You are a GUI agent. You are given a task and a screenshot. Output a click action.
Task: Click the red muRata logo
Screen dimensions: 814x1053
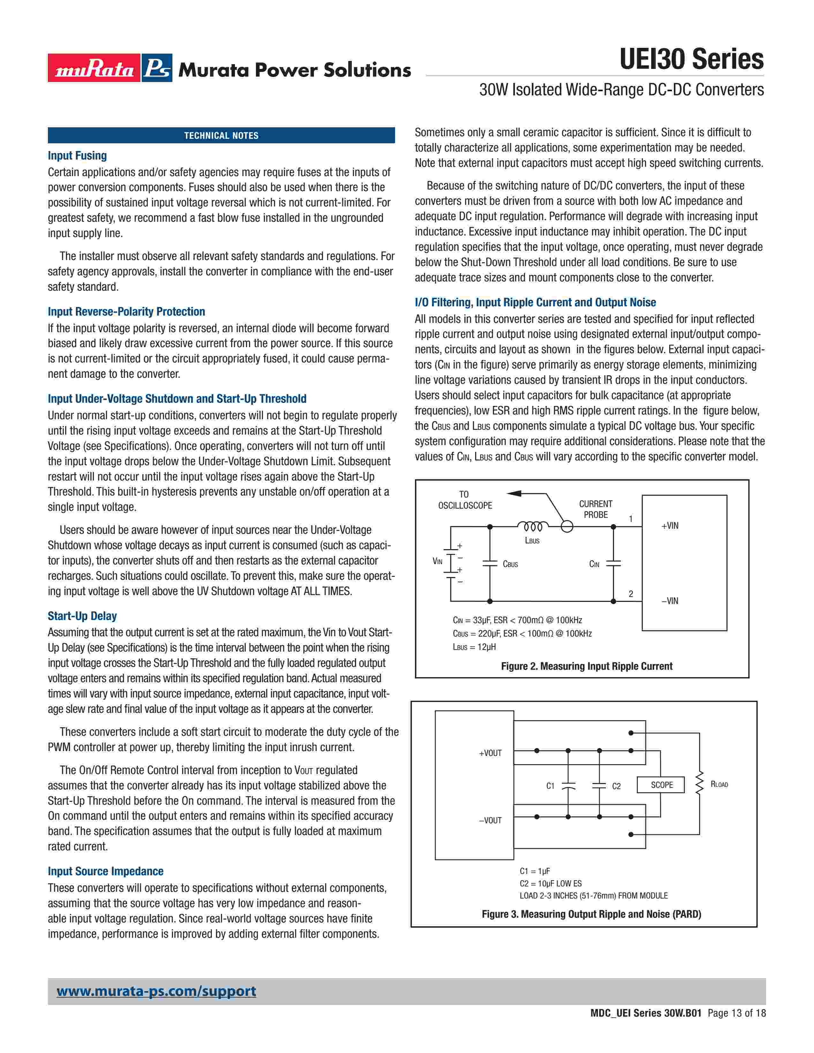[x=94, y=68]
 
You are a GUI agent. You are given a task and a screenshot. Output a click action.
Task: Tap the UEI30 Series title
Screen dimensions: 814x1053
[x=691, y=59]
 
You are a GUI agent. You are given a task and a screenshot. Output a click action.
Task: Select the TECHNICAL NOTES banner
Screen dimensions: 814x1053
[x=221, y=136]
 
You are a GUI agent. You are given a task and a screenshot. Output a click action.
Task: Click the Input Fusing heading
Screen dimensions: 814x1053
[x=77, y=156]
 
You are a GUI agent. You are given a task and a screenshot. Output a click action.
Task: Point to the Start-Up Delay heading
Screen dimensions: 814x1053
[x=82, y=616]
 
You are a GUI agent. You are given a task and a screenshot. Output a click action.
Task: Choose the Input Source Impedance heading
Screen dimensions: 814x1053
[x=106, y=871]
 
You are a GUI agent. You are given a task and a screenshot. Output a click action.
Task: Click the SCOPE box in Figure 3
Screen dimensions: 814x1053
[x=661, y=785]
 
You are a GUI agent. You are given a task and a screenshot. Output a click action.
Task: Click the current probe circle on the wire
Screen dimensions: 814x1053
[x=567, y=527]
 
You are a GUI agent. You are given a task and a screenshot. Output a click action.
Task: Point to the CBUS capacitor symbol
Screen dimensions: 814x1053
[x=490, y=564]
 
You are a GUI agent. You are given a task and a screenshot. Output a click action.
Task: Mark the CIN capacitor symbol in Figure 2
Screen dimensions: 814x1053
[x=614, y=564]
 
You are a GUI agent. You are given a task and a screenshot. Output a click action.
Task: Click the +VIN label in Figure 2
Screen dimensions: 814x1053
[x=670, y=526]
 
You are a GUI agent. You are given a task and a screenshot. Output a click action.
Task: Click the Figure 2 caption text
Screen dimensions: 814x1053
[x=586, y=666]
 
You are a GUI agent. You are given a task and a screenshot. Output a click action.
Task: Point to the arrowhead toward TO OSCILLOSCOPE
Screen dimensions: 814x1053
[x=514, y=493]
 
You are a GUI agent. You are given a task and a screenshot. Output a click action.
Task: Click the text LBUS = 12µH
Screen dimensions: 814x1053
[x=474, y=647]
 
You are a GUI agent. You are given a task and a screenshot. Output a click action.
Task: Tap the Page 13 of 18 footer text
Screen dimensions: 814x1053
[x=736, y=1013]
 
